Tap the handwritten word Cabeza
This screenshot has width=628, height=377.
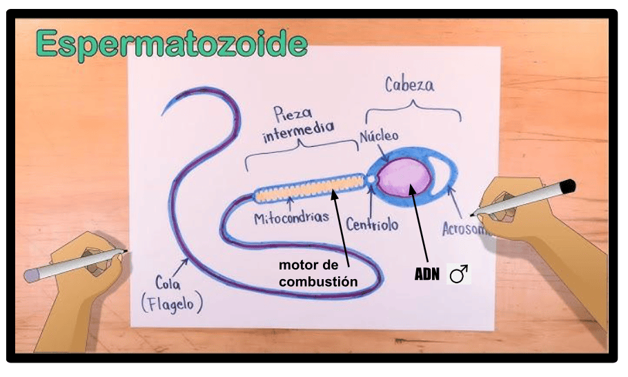click(409, 85)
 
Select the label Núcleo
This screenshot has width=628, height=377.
click(379, 136)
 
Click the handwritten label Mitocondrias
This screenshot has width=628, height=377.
click(291, 218)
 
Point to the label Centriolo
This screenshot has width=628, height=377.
click(372, 224)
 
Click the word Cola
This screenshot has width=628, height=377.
click(168, 283)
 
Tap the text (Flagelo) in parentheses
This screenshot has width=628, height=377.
click(172, 303)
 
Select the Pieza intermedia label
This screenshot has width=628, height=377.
click(297, 123)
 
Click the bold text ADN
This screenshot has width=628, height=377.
click(427, 275)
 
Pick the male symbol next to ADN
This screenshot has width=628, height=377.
click(459, 274)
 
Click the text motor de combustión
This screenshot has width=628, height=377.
click(318, 273)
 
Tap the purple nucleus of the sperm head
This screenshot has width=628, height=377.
click(404, 177)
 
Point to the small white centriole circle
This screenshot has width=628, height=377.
click(371, 179)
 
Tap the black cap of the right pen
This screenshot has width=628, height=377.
click(568, 187)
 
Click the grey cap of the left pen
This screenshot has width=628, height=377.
click(31, 275)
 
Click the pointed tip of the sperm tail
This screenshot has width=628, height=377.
click(162, 115)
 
